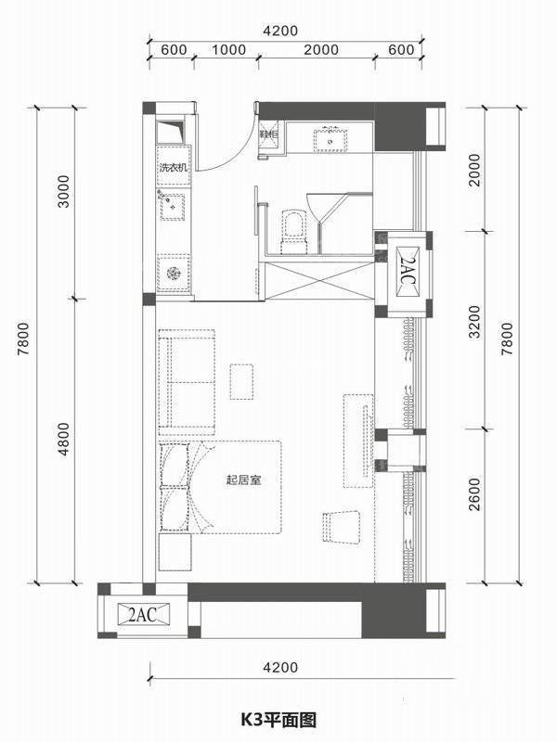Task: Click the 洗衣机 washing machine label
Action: (x=174, y=169)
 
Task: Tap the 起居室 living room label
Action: (x=242, y=480)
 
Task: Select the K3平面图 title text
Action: (x=278, y=717)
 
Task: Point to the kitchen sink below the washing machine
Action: (x=173, y=205)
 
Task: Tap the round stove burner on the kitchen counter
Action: (x=173, y=273)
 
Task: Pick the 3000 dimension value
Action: (x=64, y=202)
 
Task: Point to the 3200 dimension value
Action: (x=474, y=329)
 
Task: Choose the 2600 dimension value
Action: (x=474, y=505)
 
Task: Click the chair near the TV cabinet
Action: (x=341, y=527)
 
